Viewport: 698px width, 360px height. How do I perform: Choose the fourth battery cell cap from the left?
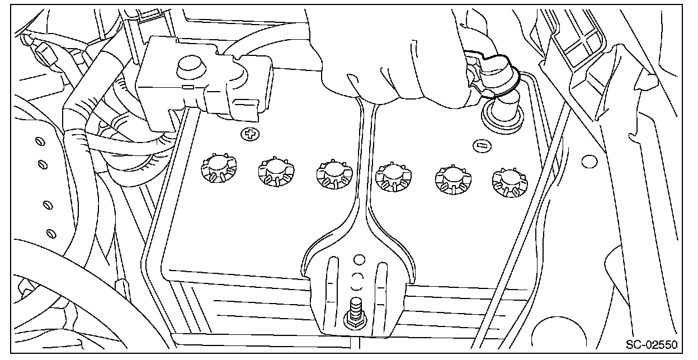[x=392, y=177]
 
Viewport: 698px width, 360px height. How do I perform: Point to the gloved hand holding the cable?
[x=392, y=56]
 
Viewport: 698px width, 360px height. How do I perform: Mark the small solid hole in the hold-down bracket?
[x=359, y=259]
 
